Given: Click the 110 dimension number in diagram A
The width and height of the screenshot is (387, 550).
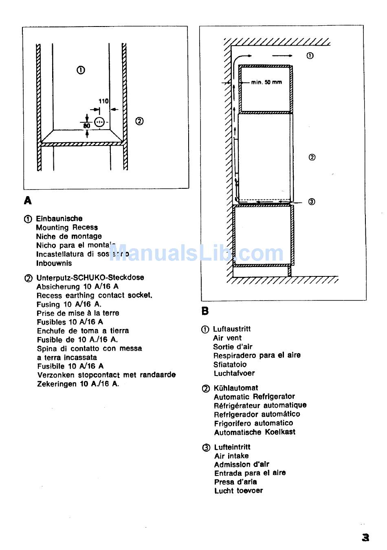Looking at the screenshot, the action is (x=103, y=101).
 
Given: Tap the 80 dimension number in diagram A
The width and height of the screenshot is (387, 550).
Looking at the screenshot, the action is (x=86, y=126).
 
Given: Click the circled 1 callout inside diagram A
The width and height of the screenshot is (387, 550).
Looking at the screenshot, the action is (x=81, y=70).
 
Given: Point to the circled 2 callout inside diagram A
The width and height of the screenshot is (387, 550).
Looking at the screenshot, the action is (x=139, y=121).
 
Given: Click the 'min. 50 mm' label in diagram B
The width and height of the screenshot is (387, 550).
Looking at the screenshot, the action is (x=266, y=82).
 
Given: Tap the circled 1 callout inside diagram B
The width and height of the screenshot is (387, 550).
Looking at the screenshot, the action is (x=310, y=56).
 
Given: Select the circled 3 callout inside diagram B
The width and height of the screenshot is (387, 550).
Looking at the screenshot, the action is (x=312, y=201).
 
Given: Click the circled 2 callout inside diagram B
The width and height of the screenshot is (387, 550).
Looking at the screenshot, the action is (x=312, y=157).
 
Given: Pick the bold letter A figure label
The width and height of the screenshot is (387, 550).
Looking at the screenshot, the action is (x=28, y=201).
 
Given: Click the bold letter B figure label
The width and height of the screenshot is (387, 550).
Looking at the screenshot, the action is (x=205, y=311).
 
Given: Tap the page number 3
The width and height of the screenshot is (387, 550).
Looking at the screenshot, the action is (x=365, y=537).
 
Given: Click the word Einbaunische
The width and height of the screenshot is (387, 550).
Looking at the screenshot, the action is (x=59, y=219).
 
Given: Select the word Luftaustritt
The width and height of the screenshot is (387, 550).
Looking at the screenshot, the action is (x=232, y=329).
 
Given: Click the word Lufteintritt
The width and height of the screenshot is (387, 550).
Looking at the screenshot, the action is (x=232, y=447).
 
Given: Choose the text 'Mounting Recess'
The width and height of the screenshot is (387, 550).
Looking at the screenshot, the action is (x=67, y=228).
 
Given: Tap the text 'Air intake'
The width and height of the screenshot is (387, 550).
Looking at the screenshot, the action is (x=231, y=456).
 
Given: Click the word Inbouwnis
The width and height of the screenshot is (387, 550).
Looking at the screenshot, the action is (x=54, y=263).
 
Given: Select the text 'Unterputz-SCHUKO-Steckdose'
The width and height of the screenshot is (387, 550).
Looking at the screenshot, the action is (x=90, y=278).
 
